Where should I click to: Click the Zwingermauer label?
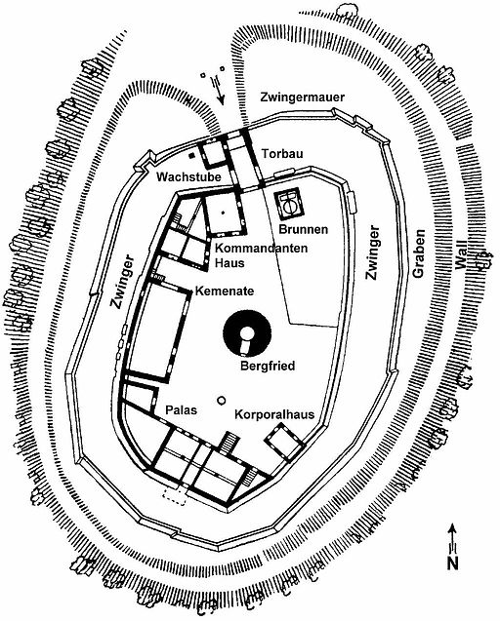(303, 97)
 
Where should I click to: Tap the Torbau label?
(282, 153)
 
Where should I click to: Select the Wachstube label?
(188, 176)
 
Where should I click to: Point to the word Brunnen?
(304, 229)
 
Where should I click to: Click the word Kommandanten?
(262, 249)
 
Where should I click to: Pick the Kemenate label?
(225, 291)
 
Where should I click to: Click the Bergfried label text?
(268, 366)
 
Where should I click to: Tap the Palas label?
(181, 409)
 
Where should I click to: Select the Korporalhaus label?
(274, 414)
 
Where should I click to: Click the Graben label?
(419, 252)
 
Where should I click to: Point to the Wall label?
(462, 256)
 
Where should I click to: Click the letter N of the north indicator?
(452, 563)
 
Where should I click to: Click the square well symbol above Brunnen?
(290, 205)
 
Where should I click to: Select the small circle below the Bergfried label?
(222, 401)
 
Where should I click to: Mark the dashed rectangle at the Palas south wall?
(174, 496)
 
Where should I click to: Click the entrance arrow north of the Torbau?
(218, 90)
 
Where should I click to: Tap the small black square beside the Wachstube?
(192, 156)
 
